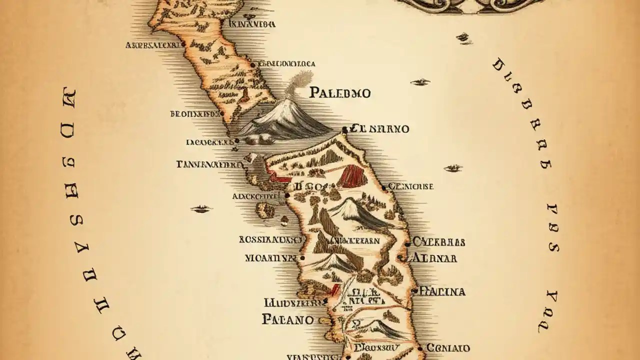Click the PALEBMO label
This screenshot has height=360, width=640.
coord(340,92)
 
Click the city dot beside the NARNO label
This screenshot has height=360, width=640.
coord(344,130)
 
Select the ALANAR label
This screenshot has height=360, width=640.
coord(433,258)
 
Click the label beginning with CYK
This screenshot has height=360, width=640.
coord(438,242)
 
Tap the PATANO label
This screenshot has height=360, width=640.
coord(287,319)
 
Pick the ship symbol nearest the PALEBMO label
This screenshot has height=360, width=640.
coord(420,81)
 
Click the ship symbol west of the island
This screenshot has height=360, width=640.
coord(201,208)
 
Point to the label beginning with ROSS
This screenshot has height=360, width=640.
coord(267,239)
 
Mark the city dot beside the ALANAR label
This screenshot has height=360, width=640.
coord(399,258)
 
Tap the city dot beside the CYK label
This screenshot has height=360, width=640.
coord(407,244)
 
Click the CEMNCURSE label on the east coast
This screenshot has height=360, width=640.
coord(410,186)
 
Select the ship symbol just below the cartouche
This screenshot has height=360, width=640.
coord(463,36)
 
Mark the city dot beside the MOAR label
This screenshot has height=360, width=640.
coord(301,258)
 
